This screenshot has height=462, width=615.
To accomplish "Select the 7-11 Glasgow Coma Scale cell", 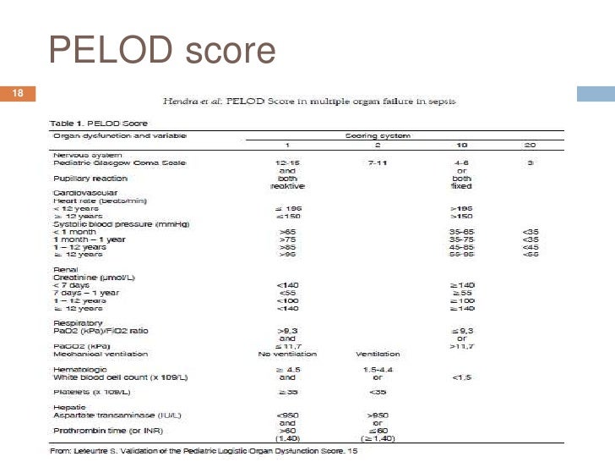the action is [x=376, y=162].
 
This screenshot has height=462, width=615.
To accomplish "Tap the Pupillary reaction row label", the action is [x=90, y=179].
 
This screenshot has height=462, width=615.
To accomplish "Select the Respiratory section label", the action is [x=78, y=323].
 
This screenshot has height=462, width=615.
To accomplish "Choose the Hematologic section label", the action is [x=79, y=370].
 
